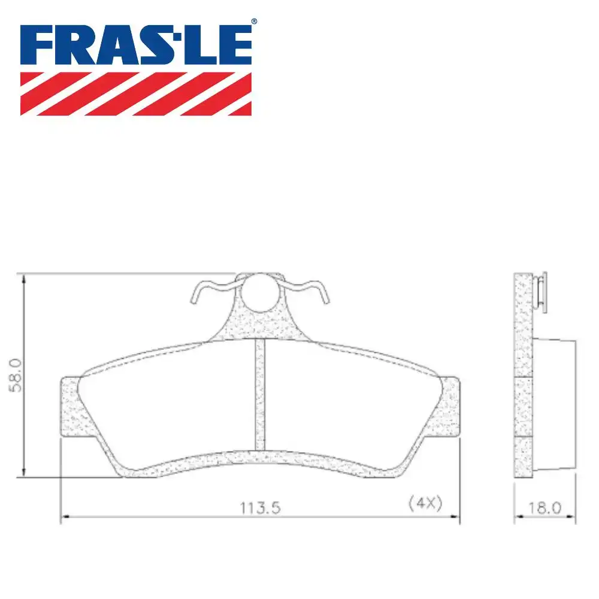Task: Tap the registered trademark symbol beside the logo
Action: coord(253,22)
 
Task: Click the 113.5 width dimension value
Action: coord(261,507)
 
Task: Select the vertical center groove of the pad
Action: coord(260,395)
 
